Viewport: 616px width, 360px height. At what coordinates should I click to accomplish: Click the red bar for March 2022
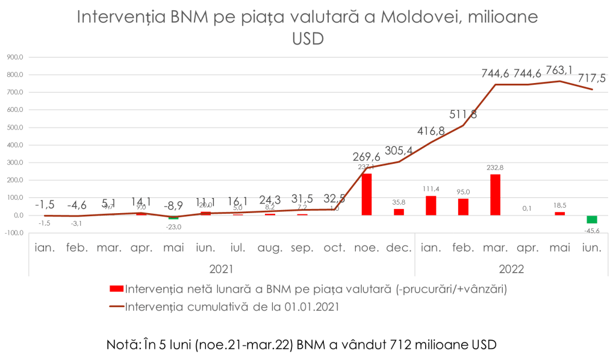495,194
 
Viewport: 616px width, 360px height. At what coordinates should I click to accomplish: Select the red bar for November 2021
366,194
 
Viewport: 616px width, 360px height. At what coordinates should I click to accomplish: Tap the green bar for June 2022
591,220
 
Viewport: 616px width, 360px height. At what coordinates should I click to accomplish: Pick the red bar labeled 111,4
431,205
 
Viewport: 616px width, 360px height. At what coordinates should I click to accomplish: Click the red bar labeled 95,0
462,206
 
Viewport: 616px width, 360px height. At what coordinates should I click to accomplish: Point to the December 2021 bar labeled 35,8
399,212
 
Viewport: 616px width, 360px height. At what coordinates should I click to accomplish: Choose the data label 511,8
462,114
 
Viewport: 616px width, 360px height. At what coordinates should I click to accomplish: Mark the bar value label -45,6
591,230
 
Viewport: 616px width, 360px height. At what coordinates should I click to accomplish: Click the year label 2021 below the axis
222,268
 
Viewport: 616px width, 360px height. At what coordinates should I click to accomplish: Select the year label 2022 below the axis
510,268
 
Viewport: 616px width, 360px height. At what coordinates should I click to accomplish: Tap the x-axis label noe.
366,247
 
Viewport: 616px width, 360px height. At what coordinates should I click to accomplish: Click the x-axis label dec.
399,247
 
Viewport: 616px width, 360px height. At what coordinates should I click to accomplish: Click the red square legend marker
116,290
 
